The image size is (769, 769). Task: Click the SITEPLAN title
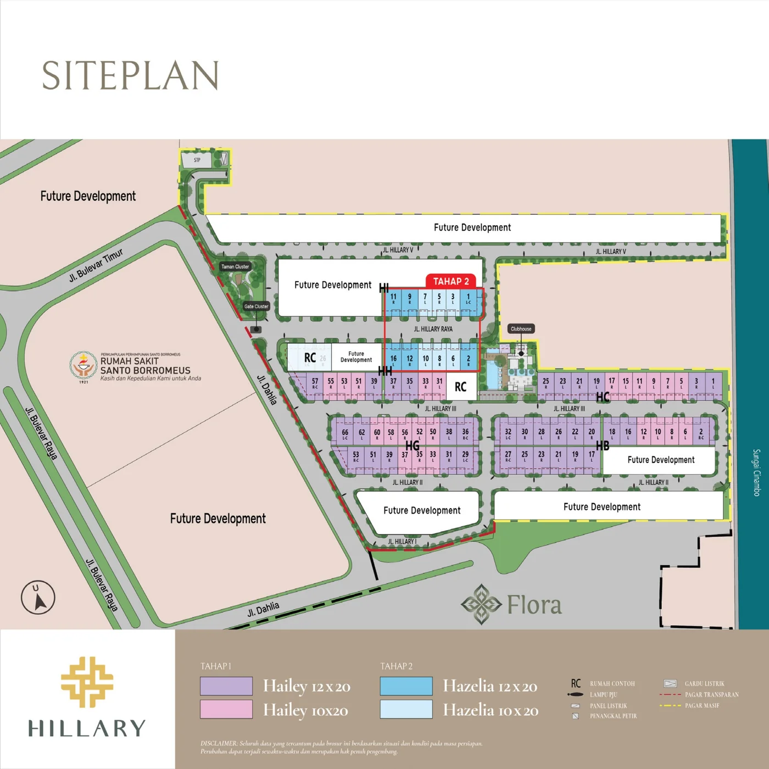tap(131, 76)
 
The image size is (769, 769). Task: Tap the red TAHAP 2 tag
tap(450, 281)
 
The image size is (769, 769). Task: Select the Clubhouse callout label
tap(521, 329)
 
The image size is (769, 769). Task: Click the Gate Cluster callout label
tap(256, 307)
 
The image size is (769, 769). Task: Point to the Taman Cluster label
tap(235, 266)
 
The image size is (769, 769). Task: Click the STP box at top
tap(197, 160)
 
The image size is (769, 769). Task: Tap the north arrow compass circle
tap(38, 597)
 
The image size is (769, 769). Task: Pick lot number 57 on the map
tap(315, 382)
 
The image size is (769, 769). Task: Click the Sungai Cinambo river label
tap(756, 472)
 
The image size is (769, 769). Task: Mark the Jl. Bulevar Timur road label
tap(96, 265)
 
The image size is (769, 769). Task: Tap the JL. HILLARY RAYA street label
tap(433, 329)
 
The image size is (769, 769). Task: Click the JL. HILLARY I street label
tap(402, 542)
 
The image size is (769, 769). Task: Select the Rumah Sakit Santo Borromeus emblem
tap(83, 365)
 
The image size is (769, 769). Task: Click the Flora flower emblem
tap(481, 604)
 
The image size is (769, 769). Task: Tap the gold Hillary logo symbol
tap(87, 682)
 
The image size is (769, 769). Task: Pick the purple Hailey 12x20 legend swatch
tap(226, 686)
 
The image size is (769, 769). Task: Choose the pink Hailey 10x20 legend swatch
tap(226, 709)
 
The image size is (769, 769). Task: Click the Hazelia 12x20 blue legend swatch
tap(406, 686)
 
